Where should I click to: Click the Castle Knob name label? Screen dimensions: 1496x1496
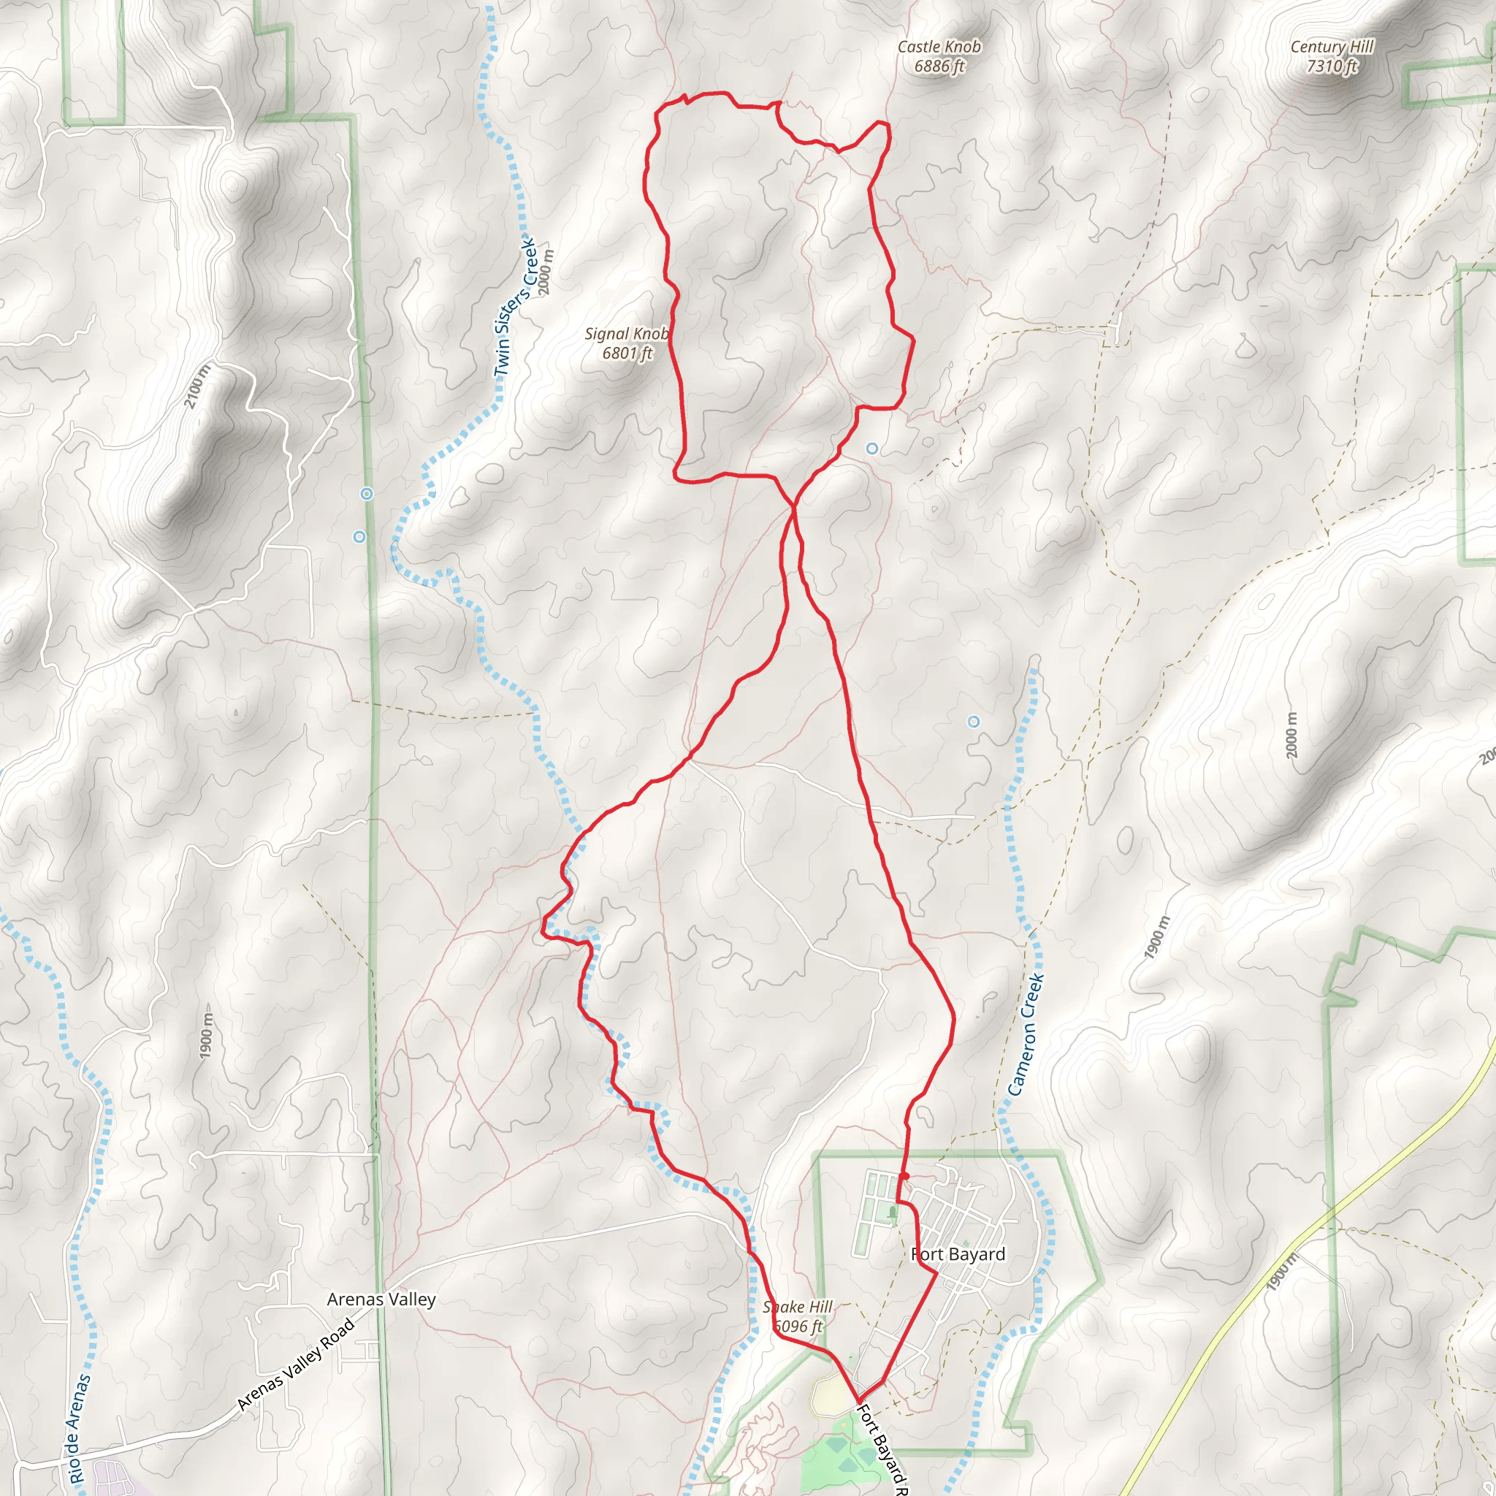(939, 47)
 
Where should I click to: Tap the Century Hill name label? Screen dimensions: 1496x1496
(1331, 47)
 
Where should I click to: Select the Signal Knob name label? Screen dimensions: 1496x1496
(626, 334)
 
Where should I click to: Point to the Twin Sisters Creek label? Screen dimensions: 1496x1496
(516, 308)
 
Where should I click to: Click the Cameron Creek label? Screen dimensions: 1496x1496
(1026, 1034)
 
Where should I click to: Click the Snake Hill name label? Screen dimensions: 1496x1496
(797, 1307)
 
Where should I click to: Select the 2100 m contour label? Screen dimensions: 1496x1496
(196, 386)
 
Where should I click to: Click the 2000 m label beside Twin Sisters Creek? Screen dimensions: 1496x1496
(546, 272)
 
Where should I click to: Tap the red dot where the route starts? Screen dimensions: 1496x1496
(904, 1176)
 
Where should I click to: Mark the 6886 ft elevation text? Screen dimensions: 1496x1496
(939, 66)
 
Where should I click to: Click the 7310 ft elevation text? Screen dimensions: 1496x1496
(1332, 66)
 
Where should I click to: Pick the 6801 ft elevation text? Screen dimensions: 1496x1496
(627, 353)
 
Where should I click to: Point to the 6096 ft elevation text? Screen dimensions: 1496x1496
(798, 1327)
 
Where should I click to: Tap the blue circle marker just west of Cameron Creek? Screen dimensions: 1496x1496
(973, 722)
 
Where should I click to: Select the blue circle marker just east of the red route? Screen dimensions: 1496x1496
(872, 449)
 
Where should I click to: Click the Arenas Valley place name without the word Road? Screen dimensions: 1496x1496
(381, 1300)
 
